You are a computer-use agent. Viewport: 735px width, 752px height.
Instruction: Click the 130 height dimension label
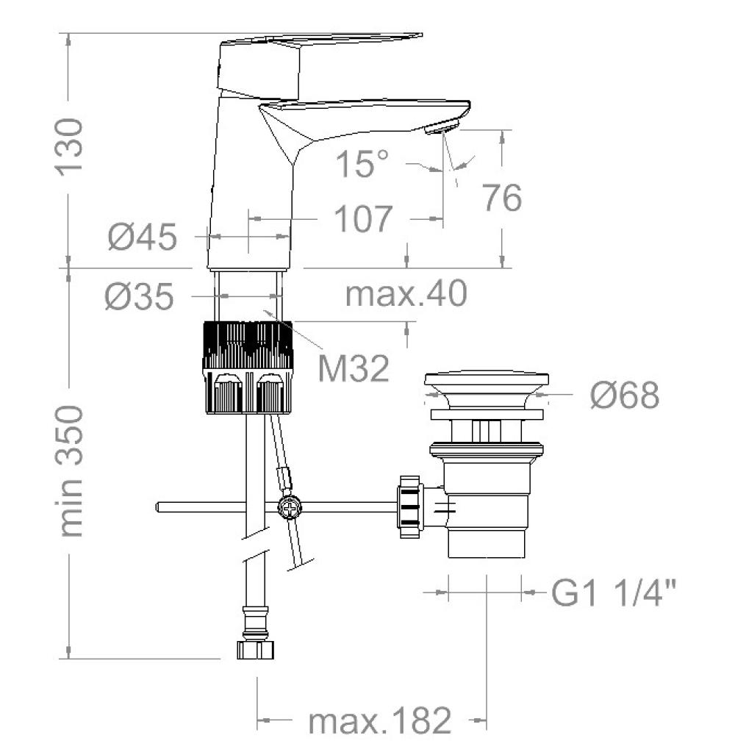69,147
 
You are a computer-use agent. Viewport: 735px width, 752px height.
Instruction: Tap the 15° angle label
362,163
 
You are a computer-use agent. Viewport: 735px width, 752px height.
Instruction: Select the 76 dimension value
501,198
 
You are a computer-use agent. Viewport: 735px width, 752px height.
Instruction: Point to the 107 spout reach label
363,219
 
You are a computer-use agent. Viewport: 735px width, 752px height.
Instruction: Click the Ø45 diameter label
143,237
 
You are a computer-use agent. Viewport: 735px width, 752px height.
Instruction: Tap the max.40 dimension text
406,293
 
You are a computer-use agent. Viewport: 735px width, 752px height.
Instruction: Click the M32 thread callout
354,368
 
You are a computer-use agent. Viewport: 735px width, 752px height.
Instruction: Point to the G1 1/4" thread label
614,592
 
